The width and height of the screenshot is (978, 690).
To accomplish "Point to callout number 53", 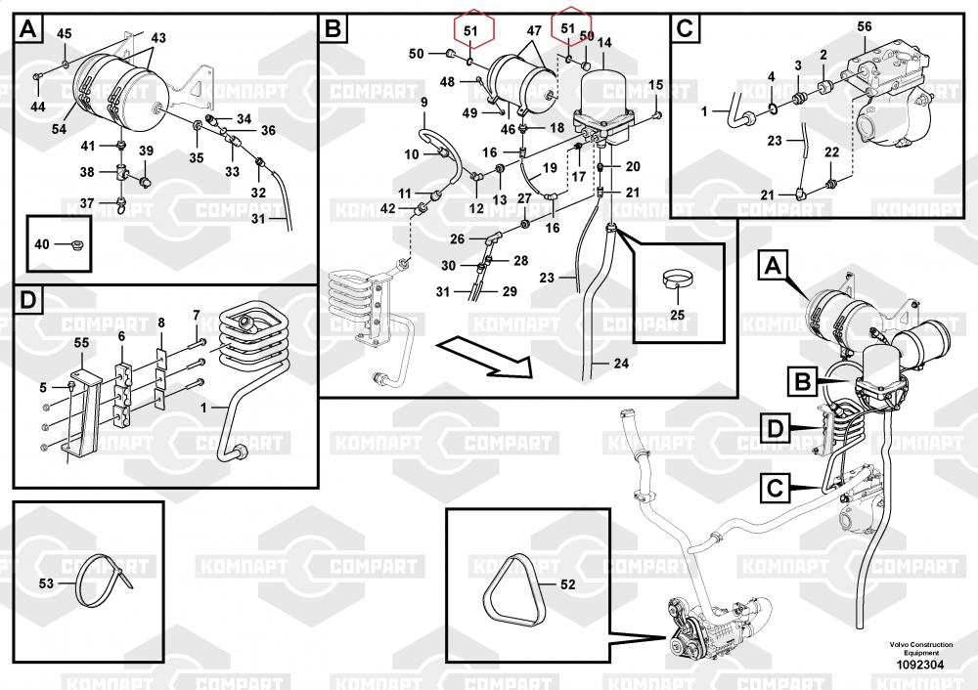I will tap(45, 583).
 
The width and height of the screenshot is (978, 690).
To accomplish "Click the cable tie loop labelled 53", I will tap(100, 581).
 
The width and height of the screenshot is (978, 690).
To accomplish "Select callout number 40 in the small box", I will tap(41, 244).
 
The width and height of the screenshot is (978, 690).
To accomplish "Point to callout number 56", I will tap(864, 26).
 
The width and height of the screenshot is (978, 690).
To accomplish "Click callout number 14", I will tap(604, 43).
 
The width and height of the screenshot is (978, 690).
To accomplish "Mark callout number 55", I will tap(81, 343).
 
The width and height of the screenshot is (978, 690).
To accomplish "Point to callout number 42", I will tap(388, 208).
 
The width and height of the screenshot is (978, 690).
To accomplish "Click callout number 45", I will tap(65, 34).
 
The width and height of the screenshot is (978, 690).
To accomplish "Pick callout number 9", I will tap(424, 103).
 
